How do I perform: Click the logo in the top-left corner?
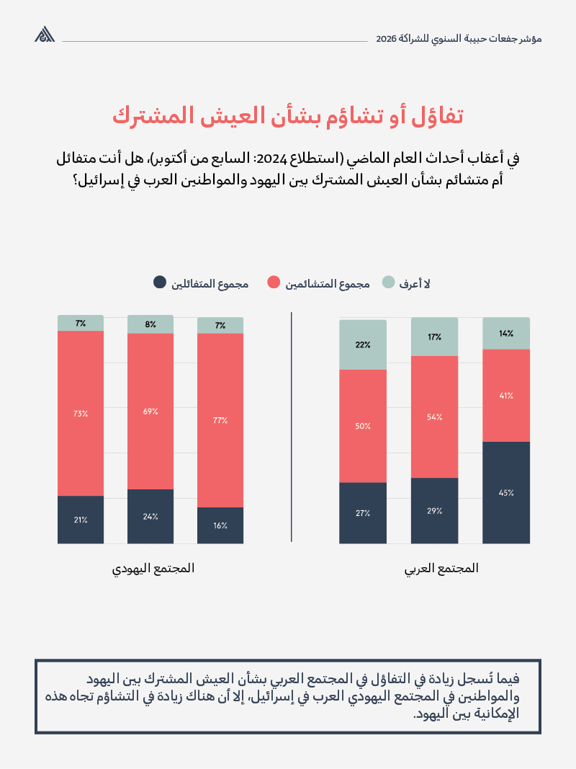45,34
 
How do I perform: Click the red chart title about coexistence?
287,115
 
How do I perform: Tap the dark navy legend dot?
160,283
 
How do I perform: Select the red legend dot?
274,283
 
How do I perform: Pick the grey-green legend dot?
388,283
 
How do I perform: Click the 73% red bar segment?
81,413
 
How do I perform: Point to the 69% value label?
150,412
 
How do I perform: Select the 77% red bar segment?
220,419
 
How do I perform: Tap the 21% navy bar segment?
81,520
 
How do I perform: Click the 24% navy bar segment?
150,516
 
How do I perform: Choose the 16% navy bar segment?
220,525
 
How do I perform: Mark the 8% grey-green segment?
150,324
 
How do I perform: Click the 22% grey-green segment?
363,345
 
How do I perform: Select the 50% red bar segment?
363,426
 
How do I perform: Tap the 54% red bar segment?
434,417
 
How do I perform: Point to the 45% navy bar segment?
506,493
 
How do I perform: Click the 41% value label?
506,396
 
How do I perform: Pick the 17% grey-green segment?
434,337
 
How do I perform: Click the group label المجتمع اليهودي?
153,568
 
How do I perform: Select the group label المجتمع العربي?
441,568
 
